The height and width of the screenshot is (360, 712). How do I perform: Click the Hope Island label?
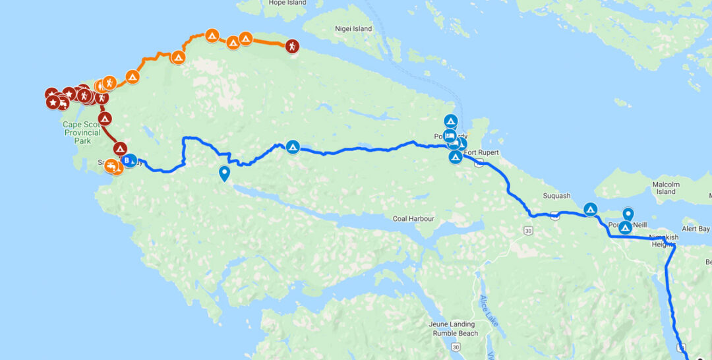coord(288,3)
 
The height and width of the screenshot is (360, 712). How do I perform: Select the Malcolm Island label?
coord(667,188)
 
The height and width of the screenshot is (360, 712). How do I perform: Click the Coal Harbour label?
coord(413,219)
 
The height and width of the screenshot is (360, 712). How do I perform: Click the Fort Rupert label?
coord(481,153)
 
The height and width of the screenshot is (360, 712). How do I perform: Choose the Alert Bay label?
coord(696,229)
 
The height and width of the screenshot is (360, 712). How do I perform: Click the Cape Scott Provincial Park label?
coord(82,132)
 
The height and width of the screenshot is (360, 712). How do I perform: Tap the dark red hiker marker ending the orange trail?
coord(292,46)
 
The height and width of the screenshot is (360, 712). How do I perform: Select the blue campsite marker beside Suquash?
coord(591,210)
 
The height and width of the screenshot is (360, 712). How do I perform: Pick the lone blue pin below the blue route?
coord(225,173)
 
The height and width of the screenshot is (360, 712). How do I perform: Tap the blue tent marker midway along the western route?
coord(293,146)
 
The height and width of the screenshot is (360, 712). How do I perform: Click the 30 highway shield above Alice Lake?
coord(528,230)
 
